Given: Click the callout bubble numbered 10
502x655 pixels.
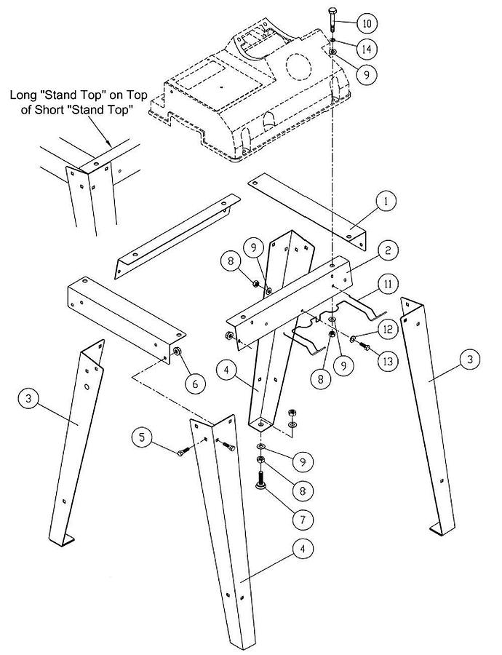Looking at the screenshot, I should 366,23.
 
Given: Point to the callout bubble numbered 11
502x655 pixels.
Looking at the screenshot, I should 389,284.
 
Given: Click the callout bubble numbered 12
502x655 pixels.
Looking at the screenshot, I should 386,330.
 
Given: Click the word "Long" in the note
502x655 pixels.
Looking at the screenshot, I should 23,95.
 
